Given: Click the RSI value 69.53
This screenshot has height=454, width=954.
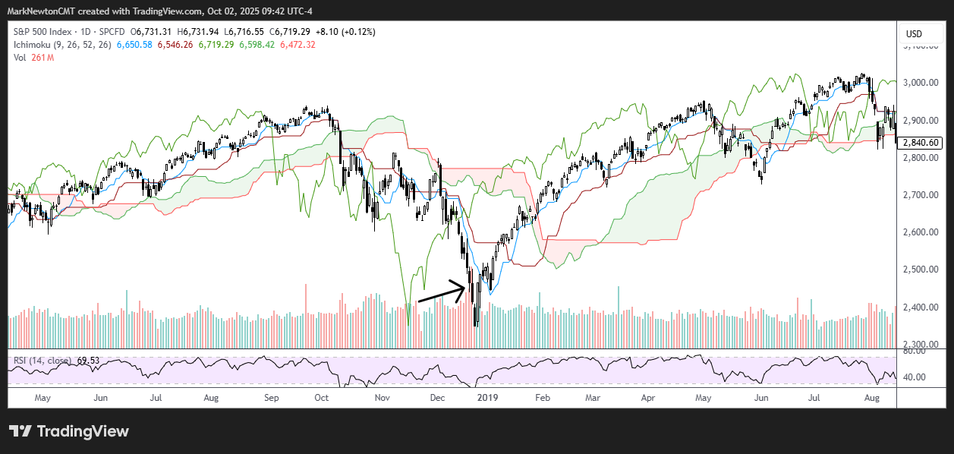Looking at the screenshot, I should [x=90, y=360].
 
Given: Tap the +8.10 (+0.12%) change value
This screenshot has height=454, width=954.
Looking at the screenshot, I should [x=345, y=33].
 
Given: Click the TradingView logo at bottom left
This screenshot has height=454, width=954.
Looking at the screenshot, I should [x=69, y=431].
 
